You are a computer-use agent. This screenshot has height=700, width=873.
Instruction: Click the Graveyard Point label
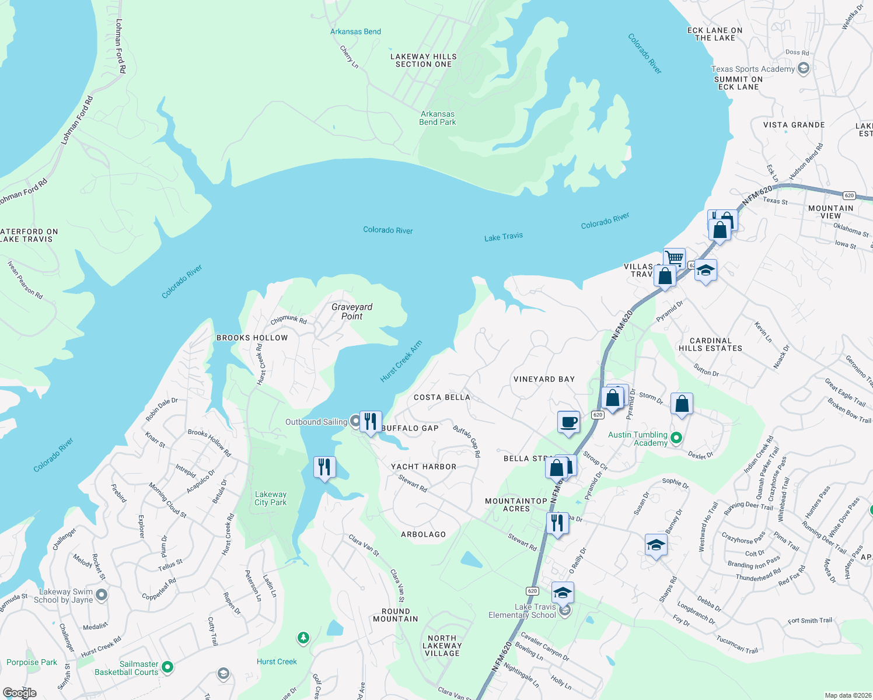pos(351,311)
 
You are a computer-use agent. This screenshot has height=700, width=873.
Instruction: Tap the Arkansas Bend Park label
pos(437,118)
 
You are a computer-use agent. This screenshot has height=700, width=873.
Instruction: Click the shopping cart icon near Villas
pos(674,257)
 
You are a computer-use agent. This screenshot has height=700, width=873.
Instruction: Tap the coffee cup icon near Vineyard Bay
pos(568,421)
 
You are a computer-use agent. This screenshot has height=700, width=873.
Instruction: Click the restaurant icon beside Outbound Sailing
pos(371,421)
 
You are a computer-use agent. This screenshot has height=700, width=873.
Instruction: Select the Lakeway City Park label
pos(270,498)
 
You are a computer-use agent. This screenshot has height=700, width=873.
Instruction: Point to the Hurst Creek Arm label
pos(401,362)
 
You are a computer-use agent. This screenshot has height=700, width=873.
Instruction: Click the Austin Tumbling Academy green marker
pos(676,437)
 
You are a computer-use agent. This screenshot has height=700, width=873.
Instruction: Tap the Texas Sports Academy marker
pos(803,69)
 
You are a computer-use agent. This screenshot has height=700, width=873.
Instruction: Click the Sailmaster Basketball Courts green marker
pos(167,666)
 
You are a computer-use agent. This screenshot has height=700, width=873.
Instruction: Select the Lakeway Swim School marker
pos(102,595)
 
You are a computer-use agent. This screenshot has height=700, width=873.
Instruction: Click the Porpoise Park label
pos(32,662)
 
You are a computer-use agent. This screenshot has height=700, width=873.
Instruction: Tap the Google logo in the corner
pos(19,692)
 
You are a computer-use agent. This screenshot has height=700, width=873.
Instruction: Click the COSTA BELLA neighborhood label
pos(442,397)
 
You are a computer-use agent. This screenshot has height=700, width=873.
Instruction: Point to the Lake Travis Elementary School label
pos(522,611)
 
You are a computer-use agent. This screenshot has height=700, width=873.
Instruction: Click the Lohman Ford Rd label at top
pos(120,46)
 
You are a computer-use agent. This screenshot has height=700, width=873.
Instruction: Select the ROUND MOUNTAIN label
pos(396,615)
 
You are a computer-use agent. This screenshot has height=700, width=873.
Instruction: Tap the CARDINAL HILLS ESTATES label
pos(710,344)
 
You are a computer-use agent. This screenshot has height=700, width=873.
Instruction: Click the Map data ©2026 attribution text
pos(847,695)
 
